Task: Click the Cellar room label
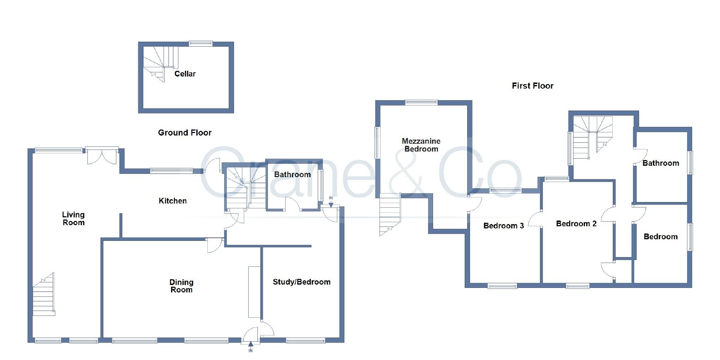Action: pos(185,74)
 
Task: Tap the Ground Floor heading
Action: pos(185,133)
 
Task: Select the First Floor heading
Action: pos(532,86)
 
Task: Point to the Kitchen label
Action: pos(172,201)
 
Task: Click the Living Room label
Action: pos(74,218)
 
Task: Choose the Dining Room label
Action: pos(181,286)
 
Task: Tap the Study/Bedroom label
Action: pos(302,282)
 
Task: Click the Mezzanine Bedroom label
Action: pos(421,145)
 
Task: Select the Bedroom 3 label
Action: pos(503,226)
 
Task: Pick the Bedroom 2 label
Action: pos(576,224)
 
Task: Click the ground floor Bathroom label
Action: pos(292,175)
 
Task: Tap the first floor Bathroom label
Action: pos(661,163)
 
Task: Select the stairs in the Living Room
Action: pos(44,295)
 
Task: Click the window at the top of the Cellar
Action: pos(201,43)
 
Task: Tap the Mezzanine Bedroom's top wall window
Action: pos(421,102)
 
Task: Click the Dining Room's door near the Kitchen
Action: pos(215,245)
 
